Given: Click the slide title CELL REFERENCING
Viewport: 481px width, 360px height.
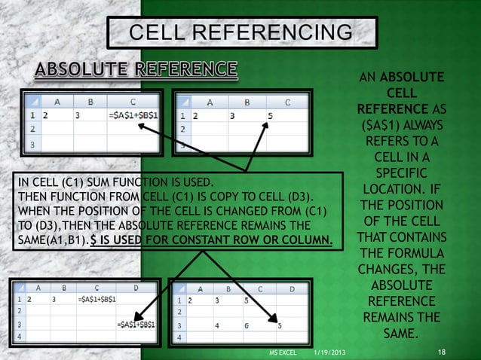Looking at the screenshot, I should coord(240,32).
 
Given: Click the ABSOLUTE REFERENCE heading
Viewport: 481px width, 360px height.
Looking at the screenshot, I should coord(136,72).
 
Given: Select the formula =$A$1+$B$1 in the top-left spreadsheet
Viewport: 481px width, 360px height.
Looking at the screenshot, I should coord(133,116).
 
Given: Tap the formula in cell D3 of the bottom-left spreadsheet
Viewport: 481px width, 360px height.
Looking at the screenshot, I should coord(136,324).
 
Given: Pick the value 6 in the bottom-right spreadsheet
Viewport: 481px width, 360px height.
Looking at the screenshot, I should coord(247,326).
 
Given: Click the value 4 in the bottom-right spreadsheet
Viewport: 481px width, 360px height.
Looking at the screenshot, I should coord(217,326).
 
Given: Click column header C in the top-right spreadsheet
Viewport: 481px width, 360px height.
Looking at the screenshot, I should coord(287,102).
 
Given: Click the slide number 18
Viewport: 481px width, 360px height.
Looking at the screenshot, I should coord(443,352).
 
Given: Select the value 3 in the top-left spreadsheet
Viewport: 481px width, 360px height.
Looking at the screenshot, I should coord(78,116).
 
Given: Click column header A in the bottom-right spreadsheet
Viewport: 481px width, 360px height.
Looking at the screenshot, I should coord(198,288).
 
